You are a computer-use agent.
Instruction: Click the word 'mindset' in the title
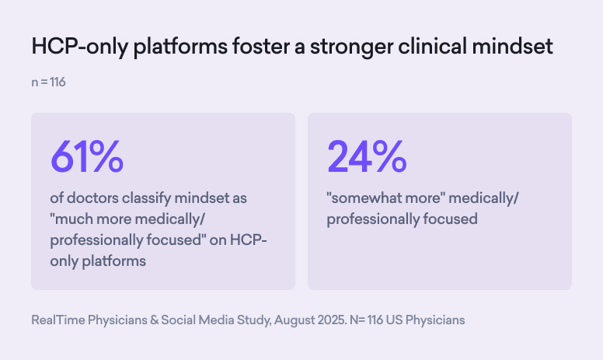[519, 47]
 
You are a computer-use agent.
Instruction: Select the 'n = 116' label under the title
[48, 82]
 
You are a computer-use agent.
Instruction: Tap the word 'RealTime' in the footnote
[58, 320]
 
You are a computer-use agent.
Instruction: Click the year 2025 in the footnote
[336, 320]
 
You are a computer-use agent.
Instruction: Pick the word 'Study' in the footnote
[254, 320]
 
